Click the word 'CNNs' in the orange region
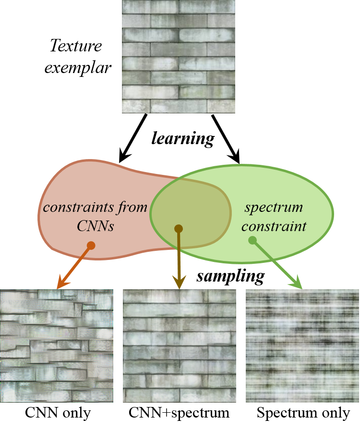click(96, 226)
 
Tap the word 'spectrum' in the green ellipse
click(274, 208)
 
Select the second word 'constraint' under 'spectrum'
click(274, 226)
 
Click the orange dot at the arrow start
click(91, 246)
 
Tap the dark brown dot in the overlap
click(179, 229)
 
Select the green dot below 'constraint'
click(252, 240)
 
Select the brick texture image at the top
click(179, 57)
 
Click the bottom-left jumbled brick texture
click(57, 346)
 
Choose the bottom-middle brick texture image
click(180, 346)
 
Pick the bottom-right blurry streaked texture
click(302, 346)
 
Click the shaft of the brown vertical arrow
click(179, 255)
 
